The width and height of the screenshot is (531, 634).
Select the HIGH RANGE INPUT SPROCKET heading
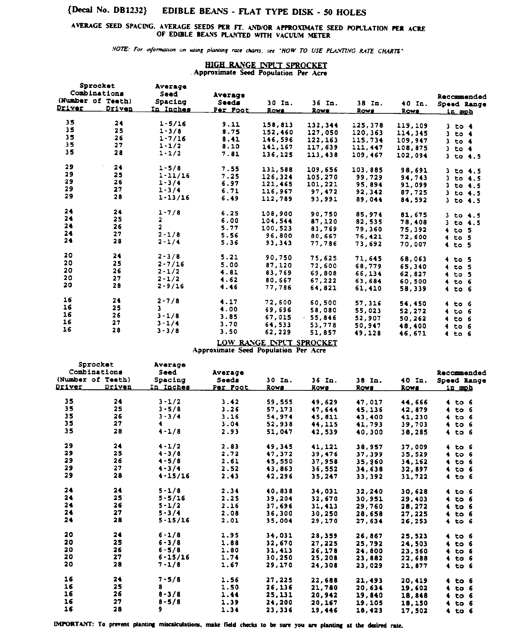click(x=266, y=65)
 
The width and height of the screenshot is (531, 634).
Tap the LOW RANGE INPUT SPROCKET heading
click(x=277, y=343)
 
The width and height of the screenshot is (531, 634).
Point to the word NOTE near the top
click(x=120, y=49)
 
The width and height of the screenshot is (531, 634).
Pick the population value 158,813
click(x=278, y=125)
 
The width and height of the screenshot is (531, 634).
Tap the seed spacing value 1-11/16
click(x=174, y=176)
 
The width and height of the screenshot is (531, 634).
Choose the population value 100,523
click(x=277, y=228)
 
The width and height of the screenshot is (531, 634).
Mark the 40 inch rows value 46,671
click(x=413, y=334)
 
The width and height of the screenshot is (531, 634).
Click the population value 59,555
click(x=279, y=402)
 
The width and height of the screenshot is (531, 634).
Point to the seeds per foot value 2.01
click(x=230, y=520)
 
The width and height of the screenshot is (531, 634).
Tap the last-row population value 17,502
click(x=414, y=610)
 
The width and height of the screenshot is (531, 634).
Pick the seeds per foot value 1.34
click(x=230, y=610)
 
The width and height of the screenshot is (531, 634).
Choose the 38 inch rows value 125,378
click(x=367, y=125)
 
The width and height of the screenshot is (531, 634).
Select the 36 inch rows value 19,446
click(x=324, y=610)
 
